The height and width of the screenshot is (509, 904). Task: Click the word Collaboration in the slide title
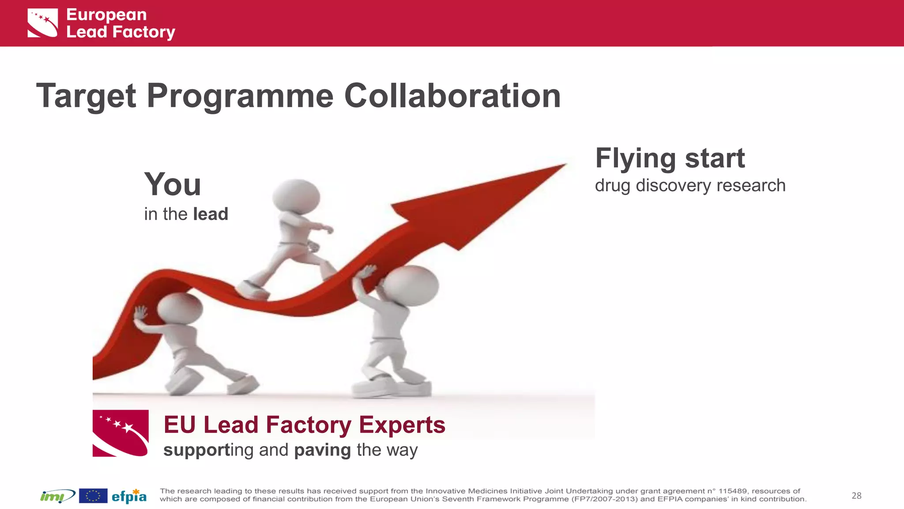(x=452, y=96)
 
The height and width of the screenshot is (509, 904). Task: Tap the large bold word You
(x=173, y=185)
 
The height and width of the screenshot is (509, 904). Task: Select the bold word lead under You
(x=211, y=214)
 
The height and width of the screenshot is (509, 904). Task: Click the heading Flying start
(x=670, y=158)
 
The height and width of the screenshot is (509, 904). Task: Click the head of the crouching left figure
(x=180, y=308)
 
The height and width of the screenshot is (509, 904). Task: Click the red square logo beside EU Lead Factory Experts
(x=121, y=433)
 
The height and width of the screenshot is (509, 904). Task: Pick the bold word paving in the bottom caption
(x=322, y=450)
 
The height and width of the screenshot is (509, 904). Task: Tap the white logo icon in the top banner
(x=43, y=23)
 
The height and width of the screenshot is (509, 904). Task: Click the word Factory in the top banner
(x=143, y=32)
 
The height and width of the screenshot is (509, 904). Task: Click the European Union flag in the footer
(x=93, y=496)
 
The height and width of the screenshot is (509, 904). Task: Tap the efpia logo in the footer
(x=129, y=496)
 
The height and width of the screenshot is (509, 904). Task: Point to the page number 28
(x=856, y=496)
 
